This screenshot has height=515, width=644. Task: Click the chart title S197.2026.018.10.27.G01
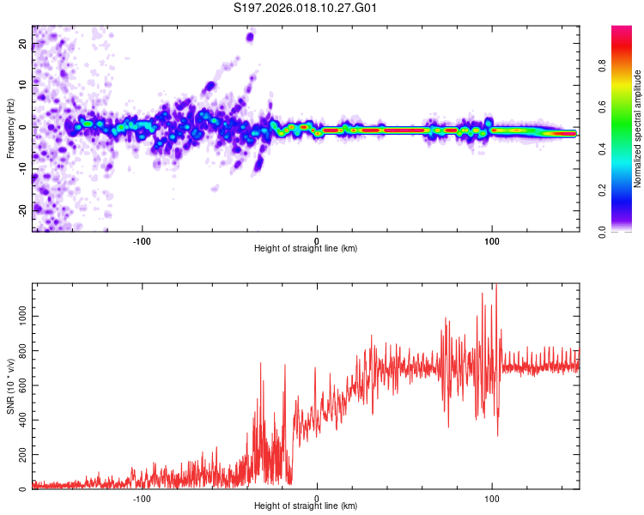pos(307,9)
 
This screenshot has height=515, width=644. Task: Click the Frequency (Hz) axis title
pos(10,129)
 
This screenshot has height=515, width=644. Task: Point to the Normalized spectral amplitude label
pos(638,129)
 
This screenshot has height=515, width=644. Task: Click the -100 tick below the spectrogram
pos(142,239)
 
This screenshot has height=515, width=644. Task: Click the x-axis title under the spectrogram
pos(306,249)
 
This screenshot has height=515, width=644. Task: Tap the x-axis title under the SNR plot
pos(306,507)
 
